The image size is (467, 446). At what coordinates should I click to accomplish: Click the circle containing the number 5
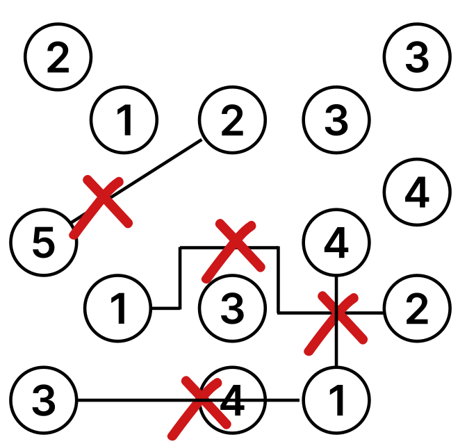pos(44,242)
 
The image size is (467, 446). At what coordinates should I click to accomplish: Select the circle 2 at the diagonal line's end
pos(232,119)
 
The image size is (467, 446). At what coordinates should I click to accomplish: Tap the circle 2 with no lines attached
pos(58,56)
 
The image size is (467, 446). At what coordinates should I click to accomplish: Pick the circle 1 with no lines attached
pos(124,119)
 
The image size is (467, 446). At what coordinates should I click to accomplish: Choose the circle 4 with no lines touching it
pos(417,192)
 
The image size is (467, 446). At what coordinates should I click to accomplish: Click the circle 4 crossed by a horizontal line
pos(232,400)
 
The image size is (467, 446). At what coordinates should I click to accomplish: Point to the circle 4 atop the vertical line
pos(336,242)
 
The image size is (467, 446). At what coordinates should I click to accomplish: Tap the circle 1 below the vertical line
pos(336,400)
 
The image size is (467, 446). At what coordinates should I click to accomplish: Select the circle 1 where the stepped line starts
pos(118,308)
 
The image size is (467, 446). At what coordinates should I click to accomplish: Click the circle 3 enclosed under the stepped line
pos(232,308)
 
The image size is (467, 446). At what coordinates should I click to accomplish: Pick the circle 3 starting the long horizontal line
pos(44,400)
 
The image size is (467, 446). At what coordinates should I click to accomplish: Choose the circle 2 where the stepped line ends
pos(417,308)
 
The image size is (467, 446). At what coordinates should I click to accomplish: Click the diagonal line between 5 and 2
pos(136,181)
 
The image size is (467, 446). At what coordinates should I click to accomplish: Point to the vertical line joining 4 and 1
pos(336,322)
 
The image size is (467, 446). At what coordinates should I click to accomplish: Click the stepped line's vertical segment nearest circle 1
pos(180,277)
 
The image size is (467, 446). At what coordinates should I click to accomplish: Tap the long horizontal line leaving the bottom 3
pos(188,400)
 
